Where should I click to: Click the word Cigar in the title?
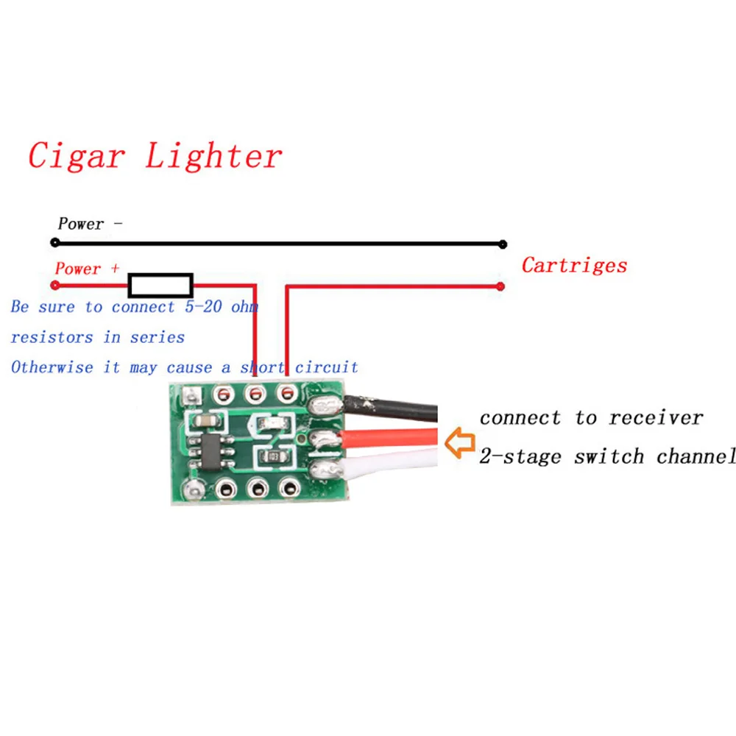[x=77, y=156]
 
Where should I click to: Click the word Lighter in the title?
[x=213, y=156]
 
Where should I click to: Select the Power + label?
[x=87, y=269]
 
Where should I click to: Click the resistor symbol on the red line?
[x=160, y=285]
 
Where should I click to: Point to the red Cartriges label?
[x=574, y=265]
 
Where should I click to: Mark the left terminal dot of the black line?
[x=54, y=242]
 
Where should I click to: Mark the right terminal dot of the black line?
[x=503, y=244]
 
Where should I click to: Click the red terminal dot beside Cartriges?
[x=500, y=286]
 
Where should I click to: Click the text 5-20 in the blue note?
[x=202, y=306]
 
